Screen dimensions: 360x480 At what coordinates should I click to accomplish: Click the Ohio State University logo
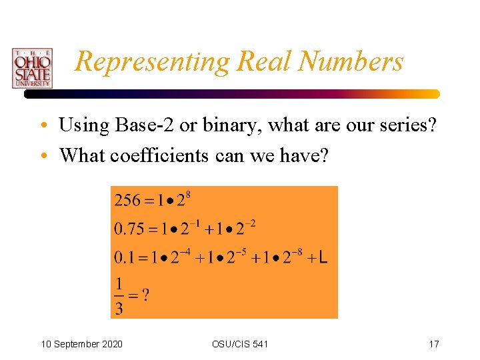click(x=31, y=68)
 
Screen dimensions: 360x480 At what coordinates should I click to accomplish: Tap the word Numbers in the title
click(x=351, y=61)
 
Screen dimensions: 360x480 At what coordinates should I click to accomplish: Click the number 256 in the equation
click(x=127, y=200)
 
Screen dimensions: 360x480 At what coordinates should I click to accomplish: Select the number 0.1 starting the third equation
click(x=124, y=257)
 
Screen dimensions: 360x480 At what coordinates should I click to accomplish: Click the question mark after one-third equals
click(x=145, y=294)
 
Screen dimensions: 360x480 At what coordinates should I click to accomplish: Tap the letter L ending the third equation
click(x=323, y=257)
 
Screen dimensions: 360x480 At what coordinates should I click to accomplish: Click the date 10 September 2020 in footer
click(x=82, y=344)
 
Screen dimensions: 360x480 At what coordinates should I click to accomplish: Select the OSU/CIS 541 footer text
click(x=240, y=344)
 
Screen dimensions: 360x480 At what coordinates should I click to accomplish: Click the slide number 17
click(x=434, y=344)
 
